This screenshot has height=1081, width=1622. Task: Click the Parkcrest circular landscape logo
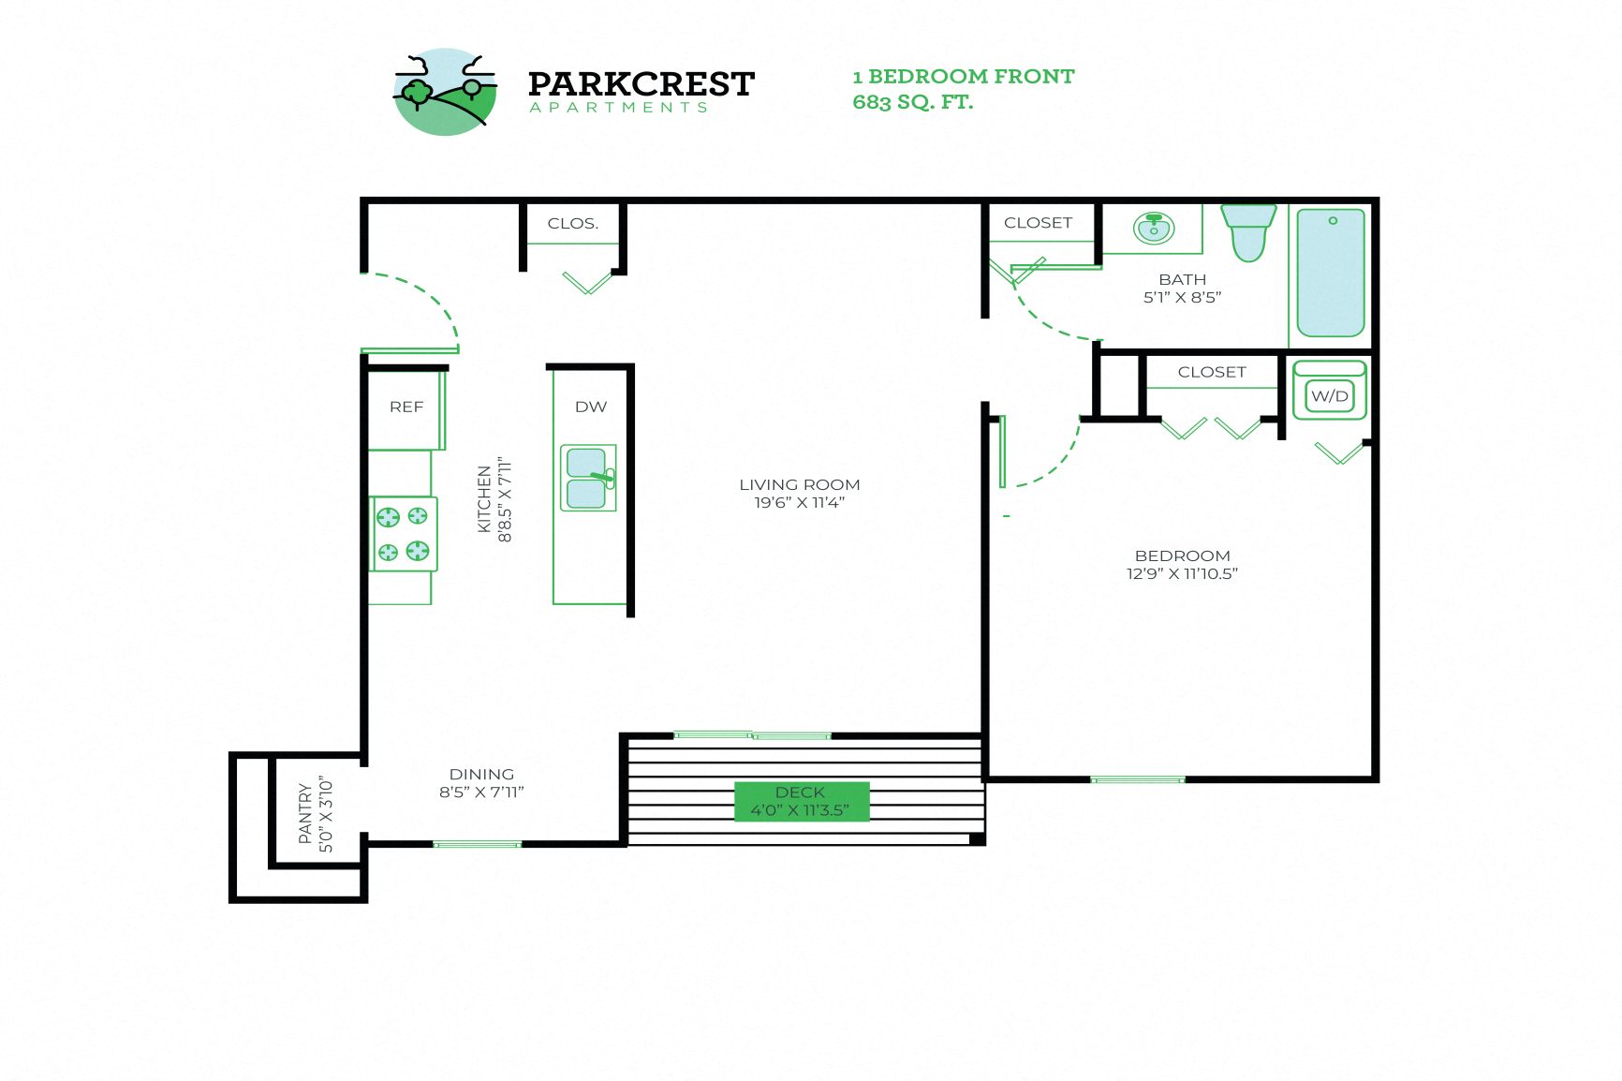[x=445, y=92]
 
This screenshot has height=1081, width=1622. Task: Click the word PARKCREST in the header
[x=641, y=84]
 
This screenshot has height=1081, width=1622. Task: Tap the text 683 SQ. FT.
[x=912, y=102]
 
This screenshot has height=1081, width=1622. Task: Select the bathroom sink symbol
[x=1154, y=228]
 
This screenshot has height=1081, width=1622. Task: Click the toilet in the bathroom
[x=1248, y=232]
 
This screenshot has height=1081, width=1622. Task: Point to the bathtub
[x=1331, y=273]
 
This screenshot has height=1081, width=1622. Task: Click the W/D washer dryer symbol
[x=1329, y=395]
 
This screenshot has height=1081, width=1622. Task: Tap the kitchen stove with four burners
[x=404, y=533]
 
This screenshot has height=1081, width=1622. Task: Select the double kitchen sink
[x=588, y=478]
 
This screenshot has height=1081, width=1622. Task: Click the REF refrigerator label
[x=406, y=407]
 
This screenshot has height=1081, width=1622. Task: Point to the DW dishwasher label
[x=591, y=407]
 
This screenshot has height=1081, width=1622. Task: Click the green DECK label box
[x=801, y=801]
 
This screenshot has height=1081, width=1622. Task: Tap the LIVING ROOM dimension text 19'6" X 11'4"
[x=800, y=503]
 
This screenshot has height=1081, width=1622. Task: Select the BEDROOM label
[x=1182, y=555]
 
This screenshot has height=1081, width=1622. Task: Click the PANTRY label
[x=305, y=813]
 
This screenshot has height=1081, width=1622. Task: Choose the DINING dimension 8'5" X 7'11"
[x=481, y=792]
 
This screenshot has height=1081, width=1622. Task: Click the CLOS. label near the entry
[x=572, y=223]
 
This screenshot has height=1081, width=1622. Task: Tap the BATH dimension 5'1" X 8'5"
[x=1182, y=298]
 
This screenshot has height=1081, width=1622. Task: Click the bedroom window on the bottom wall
[x=1137, y=779]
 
